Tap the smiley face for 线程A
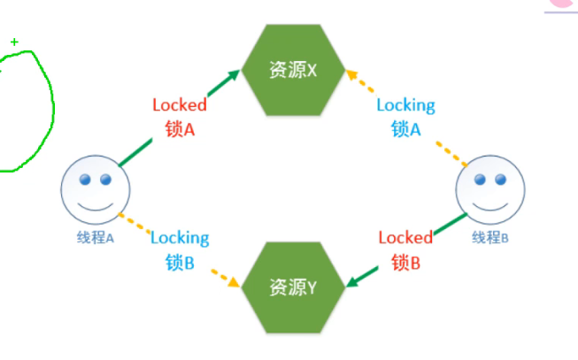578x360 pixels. pyautogui.click(x=95, y=190)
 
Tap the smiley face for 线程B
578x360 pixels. pyautogui.click(x=489, y=190)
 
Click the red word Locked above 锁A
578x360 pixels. pyautogui.click(x=180, y=105)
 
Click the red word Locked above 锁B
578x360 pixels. pyautogui.click(x=405, y=237)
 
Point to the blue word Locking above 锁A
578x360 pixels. pyautogui.click(x=406, y=105)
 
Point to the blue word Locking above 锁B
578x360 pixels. pyautogui.click(x=180, y=237)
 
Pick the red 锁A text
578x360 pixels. pyautogui.click(x=180, y=128)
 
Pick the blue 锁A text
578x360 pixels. pyautogui.click(x=406, y=128)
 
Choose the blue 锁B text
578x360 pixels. pyautogui.click(x=180, y=262)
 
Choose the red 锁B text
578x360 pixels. pyautogui.click(x=405, y=262)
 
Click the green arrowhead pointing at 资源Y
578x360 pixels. pyautogui.click(x=351, y=282)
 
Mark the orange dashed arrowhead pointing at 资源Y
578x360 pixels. pyautogui.click(x=235, y=283)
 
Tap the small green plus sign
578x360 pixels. pyautogui.click(x=14, y=42)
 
